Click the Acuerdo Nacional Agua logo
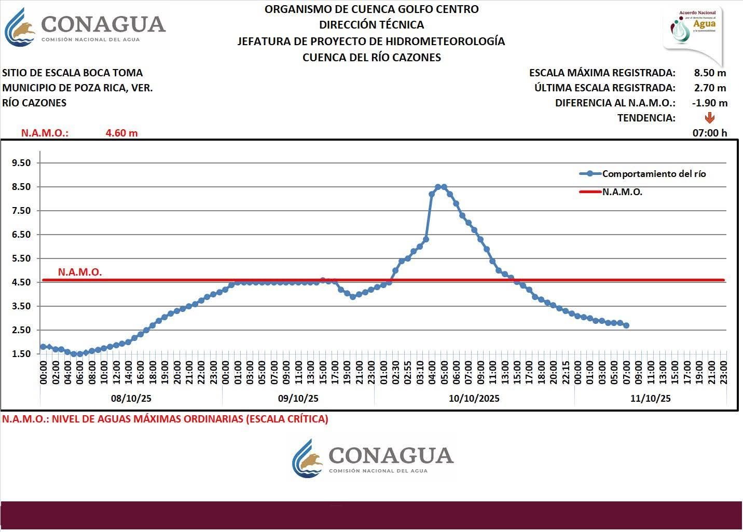[694, 31]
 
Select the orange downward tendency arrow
[710, 118]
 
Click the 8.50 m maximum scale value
[710, 73]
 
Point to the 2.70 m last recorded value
[710, 88]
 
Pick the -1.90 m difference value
[709, 103]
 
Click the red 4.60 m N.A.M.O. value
[121, 133]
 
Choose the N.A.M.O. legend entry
[622, 192]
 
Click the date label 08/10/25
[131, 398]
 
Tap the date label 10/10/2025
[474, 398]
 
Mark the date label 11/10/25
[650, 398]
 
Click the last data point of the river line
[626, 325]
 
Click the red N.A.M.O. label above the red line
[80, 272]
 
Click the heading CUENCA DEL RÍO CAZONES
[371, 58]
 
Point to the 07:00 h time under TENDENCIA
[709, 133]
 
